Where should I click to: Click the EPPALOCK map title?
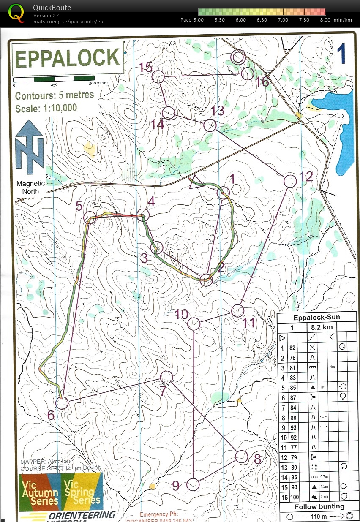coord(68,58)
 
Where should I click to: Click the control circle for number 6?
coord(62,403)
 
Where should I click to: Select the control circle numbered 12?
coord(290,181)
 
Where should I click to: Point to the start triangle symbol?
coord(196,182)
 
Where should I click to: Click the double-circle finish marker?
coord(238,57)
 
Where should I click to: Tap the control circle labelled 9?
coord(193,484)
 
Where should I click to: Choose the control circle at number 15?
coord(158,76)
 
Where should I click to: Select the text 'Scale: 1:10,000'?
coord(46,108)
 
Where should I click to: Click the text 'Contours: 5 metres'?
coord(55,95)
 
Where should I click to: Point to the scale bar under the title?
coord(54,79)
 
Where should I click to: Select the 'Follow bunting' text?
coord(319,507)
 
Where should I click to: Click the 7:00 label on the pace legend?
coord(283,20)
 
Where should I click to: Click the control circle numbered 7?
coord(167,377)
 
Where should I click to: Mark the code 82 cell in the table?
coord(292,348)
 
